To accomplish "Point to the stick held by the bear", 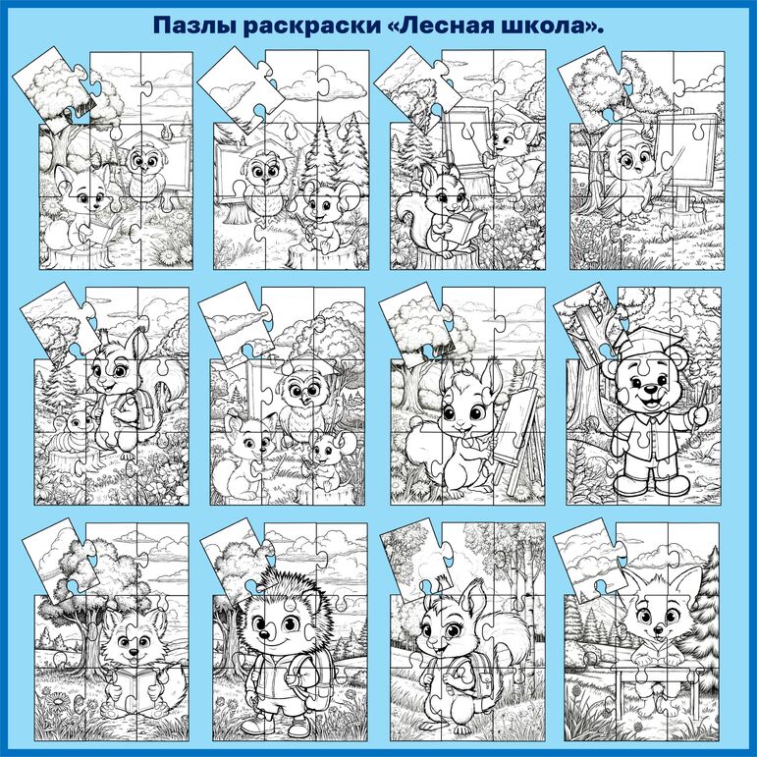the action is click(x=699, y=405).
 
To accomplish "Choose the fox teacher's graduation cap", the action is click(x=510, y=114).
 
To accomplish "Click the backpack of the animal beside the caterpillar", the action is click(x=131, y=409).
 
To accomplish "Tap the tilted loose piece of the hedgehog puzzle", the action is click(x=235, y=561).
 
